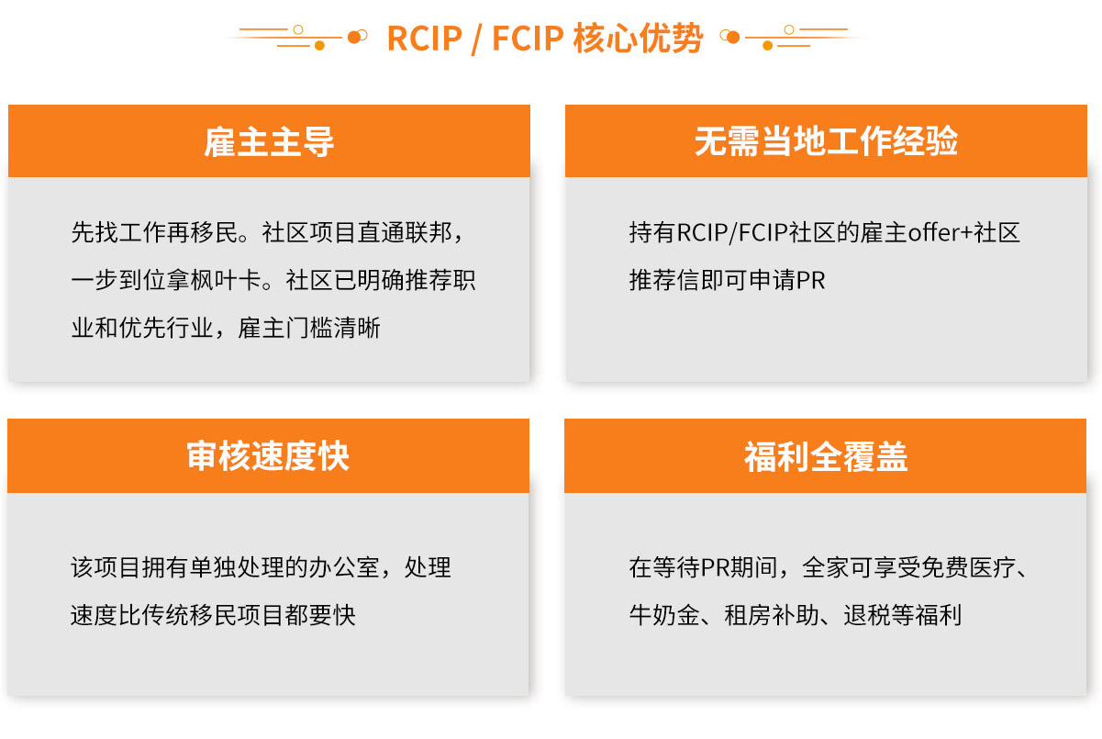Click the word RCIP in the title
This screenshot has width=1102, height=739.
pyautogui.click(x=425, y=39)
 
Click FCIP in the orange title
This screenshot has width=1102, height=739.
pyautogui.click(x=528, y=39)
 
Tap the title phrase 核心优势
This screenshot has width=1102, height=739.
pyautogui.click(x=638, y=38)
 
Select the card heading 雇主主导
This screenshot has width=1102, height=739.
pyautogui.click(x=269, y=141)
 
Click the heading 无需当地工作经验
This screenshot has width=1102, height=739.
pyautogui.click(x=826, y=141)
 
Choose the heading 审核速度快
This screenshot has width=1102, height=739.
pyautogui.click(x=268, y=456)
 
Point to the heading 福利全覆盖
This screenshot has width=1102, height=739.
pyautogui.click(x=826, y=456)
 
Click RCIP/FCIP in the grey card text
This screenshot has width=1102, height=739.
pyautogui.click(x=732, y=232)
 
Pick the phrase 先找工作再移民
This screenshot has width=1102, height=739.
pyautogui.click(x=154, y=232)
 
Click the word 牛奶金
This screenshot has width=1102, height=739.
pyautogui.click(x=664, y=615)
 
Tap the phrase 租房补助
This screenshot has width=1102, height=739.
pyautogui.click(x=772, y=615)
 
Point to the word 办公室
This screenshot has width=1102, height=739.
pyautogui.click(x=344, y=567)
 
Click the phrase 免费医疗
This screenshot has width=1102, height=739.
pyautogui.click(x=969, y=567)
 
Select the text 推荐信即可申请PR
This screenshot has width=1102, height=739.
pyautogui.click(x=727, y=280)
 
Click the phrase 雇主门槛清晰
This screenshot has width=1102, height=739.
pyautogui.click(x=309, y=328)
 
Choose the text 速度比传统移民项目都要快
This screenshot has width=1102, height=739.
pyautogui.click(x=213, y=615)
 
